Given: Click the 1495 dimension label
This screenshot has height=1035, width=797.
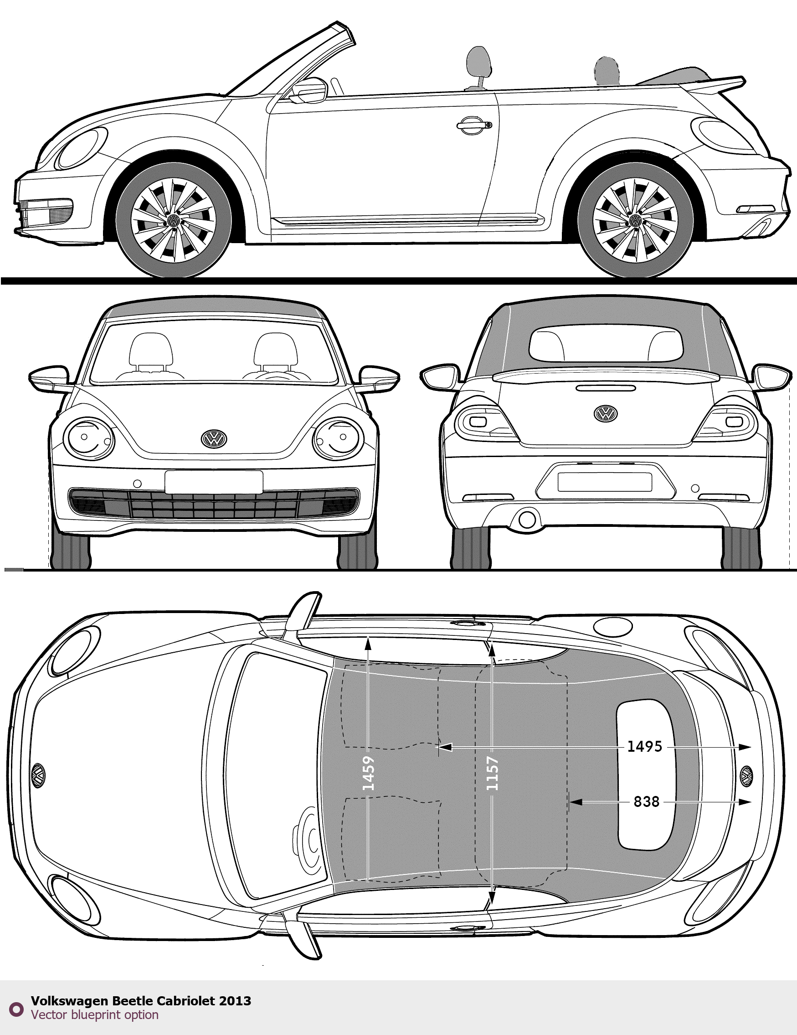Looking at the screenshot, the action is click(x=644, y=746).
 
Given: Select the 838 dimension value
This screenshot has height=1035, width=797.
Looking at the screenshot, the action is click(x=647, y=801).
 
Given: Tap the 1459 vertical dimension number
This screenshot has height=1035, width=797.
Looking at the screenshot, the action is click(x=369, y=772).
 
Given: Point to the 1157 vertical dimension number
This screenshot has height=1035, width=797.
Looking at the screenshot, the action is click(x=493, y=773).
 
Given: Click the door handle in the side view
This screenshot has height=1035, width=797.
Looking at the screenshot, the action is click(x=474, y=124).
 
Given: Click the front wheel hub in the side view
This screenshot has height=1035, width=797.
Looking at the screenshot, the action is click(x=173, y=220).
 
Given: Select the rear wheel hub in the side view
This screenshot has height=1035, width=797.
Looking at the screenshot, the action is click(x=635, y=220).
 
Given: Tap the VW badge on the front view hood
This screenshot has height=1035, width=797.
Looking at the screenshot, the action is click(x=214, y=438).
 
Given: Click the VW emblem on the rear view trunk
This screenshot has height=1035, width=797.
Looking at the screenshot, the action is click(x=605, y=413).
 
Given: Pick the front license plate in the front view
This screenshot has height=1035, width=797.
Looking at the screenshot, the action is click(x=214, y=482).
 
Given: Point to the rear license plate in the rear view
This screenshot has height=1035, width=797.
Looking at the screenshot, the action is click(x=605, y=482).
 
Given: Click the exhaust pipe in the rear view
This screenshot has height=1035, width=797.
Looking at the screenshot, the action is click(x=527, y=520).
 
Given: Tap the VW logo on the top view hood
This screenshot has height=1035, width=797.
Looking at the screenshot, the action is click(x=38, y=775).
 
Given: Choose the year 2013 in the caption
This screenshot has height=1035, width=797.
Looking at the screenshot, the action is click(x=235, y=1000).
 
